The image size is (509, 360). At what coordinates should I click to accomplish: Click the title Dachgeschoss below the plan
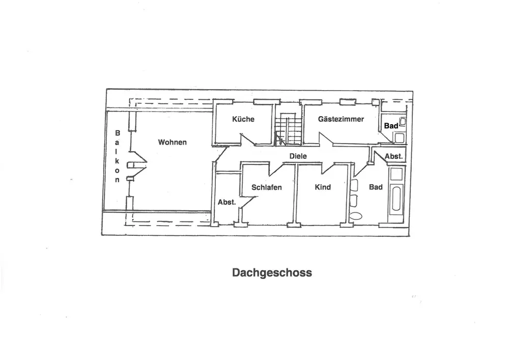click(x=272, y=272)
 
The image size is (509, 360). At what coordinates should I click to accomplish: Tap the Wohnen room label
click(x=172, y=142)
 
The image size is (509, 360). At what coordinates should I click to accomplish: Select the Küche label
click(x=243, y=119)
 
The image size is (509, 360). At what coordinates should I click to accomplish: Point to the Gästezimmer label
click(x=341, y=119)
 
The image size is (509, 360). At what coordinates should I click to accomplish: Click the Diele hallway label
click(x=298, y=156)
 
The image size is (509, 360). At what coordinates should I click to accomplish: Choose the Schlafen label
click(x=266, y=187)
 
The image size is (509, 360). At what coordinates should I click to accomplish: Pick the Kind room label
click(x=323, y=187)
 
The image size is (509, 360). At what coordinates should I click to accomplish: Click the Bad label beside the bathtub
click(x=376, y=187)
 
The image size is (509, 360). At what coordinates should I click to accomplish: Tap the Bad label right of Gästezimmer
click(x=391, y=126)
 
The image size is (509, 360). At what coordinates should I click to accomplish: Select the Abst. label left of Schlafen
click(x=227, y=202)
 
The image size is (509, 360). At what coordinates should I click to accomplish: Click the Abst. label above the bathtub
click(x=393, y=156)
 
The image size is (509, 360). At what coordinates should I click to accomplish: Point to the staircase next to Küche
click(x=288, y=130)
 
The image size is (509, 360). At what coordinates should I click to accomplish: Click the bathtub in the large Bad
click(x=395, y=201)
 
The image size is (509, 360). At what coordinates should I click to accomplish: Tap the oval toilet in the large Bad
click(x=356, y=215)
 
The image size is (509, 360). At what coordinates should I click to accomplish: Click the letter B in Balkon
click(x=117, y=133)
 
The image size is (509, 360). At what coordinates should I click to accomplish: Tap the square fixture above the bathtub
click(x=395, y=175)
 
